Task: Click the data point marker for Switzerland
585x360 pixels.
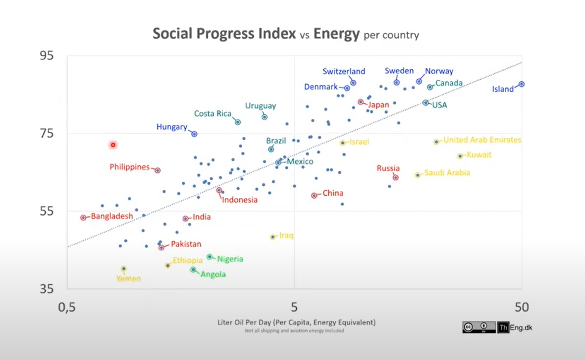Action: pos(353,83)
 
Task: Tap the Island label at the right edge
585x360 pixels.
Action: pos(503,89)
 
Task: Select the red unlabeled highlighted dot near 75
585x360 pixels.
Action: pos(113,145)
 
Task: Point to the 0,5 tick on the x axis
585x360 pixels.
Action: pos(67,308)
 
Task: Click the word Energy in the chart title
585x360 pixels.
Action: pos(336,34)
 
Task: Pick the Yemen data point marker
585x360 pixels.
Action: pos(124,268)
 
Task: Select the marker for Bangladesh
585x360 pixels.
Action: pos(83,217)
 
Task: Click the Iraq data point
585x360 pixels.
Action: pos(272,237)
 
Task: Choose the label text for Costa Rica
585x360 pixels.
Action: pos(213,114)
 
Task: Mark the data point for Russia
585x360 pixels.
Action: pos(395,177)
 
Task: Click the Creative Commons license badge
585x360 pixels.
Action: pos(479,327)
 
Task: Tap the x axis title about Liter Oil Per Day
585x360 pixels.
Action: pos(296,322)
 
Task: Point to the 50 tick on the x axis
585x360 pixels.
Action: pos(521,308)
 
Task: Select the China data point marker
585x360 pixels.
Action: pos(314,195)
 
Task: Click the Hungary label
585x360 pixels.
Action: pos(171,127)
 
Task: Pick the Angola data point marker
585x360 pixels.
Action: pos(193,269)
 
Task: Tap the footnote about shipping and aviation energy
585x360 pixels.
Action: pos(294,331)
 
